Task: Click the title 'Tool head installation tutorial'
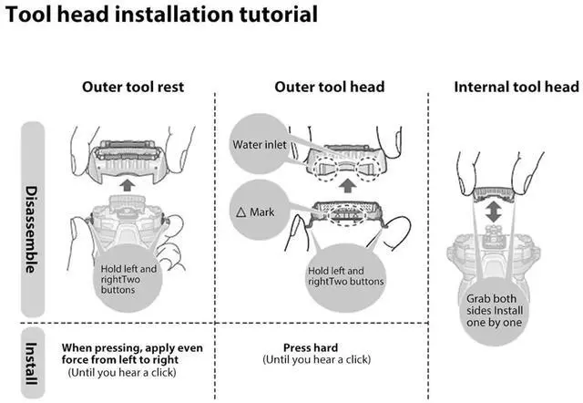pos(162,15)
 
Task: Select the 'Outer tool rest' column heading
pos(133,87)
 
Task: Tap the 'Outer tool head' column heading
pos(329,87)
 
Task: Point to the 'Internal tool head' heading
pos(516,87)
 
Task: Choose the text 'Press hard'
pos(311,348)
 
